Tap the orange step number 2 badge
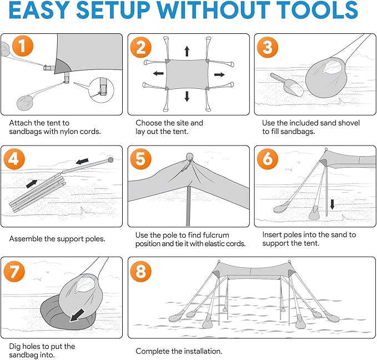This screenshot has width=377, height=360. [141, 47]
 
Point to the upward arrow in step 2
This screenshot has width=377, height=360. [187, 51]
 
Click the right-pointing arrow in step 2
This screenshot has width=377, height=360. [219, 74]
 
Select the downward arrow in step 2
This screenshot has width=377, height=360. [187, 96]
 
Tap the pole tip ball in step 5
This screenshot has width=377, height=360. [189, 156]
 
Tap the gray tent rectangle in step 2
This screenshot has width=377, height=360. [187, 74]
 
